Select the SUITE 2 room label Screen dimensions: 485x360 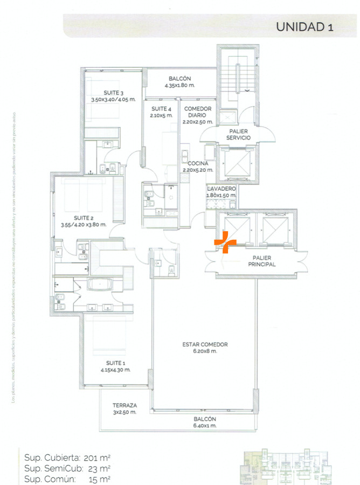click(84, 217)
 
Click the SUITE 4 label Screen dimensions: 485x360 click(162, 108)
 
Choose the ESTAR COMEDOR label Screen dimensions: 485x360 click(205, 344)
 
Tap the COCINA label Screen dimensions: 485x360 click(198, 163)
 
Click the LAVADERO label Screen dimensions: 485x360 click(221, 189)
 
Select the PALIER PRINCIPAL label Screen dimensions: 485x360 click(262, 261)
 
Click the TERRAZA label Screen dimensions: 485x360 click(125, 405)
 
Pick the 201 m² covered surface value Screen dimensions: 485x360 click(101, 458)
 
